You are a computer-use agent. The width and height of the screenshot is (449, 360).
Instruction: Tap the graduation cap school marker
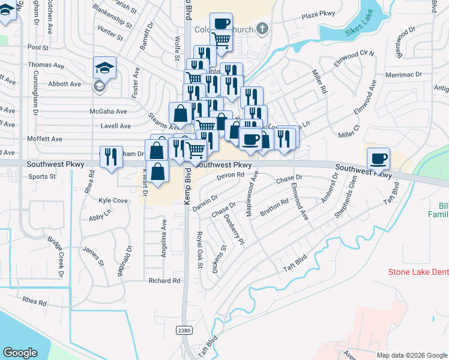pos(104,68)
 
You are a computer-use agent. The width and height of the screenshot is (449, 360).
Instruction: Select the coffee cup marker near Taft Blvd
pos(378,158)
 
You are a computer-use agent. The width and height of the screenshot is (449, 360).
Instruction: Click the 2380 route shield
pos(184,331)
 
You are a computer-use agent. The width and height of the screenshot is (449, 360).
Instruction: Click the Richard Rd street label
pos(164,280)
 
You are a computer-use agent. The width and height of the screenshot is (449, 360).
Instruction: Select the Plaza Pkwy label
pos(319,13)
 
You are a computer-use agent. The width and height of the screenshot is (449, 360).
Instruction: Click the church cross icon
pos(261,28)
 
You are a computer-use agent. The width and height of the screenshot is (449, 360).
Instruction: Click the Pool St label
pos(37,46)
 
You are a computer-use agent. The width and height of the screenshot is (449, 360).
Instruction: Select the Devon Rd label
pos(231,175)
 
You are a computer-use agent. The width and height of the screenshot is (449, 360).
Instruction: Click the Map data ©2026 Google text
pos(411,355)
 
